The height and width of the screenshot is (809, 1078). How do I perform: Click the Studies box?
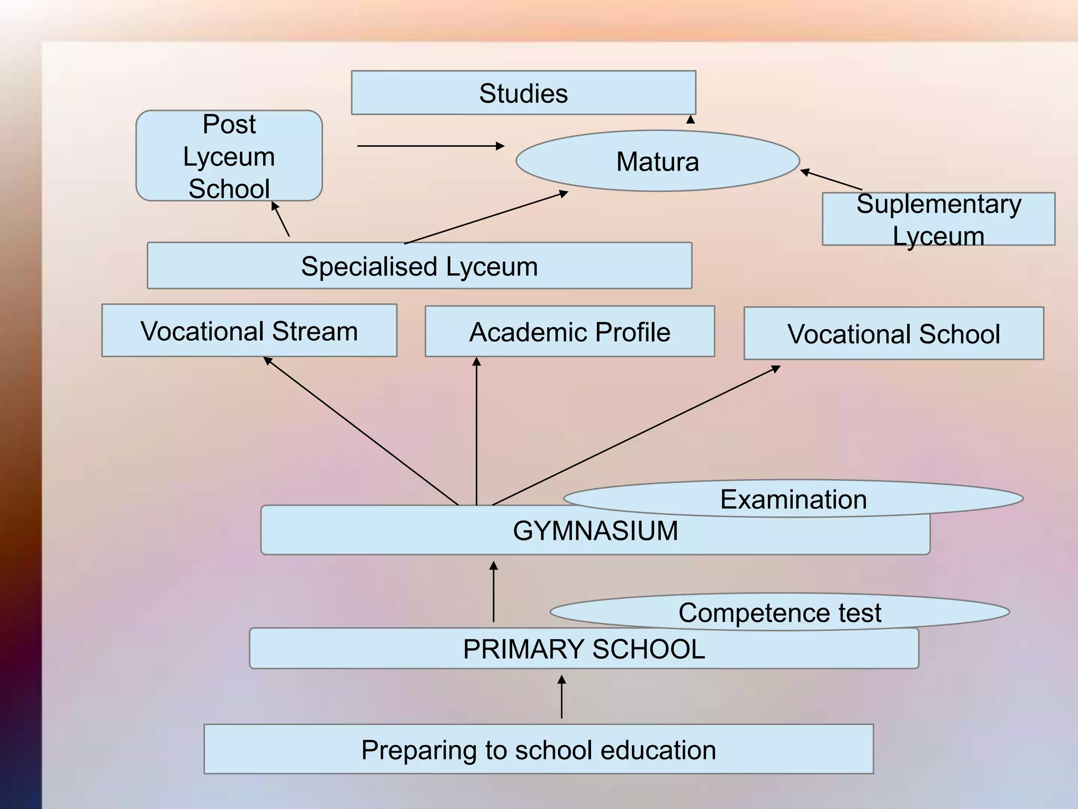coord(523,93)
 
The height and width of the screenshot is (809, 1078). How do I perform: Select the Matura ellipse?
coord(657,161)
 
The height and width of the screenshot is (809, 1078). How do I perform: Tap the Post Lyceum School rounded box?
coord(229,156)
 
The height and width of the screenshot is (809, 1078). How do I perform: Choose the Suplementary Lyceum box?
coord(938,219)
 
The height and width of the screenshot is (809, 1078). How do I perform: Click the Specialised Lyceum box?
coord(419,266)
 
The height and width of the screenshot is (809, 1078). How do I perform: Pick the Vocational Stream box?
coord(249,331)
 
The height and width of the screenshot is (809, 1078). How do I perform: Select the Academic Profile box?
coord(570,332)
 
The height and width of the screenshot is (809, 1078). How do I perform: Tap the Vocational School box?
coord(893,334)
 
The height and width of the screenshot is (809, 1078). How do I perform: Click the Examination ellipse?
coord(793,498)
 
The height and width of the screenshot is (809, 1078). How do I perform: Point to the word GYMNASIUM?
coord(595,531)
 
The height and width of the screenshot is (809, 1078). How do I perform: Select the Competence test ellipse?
coord(780,612)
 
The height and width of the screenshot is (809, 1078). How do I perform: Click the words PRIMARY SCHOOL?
coord(584,649)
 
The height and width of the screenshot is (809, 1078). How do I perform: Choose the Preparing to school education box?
coord(538,749)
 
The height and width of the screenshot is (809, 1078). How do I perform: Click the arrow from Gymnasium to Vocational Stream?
coord(361,431)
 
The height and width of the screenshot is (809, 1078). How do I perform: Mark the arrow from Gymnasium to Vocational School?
coord(636,436)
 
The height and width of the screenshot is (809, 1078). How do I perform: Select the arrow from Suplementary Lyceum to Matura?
coord(831,180)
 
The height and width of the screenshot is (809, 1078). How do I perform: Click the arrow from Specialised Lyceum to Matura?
coord(486,218)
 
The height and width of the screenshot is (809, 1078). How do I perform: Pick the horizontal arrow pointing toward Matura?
coord(431,146)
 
